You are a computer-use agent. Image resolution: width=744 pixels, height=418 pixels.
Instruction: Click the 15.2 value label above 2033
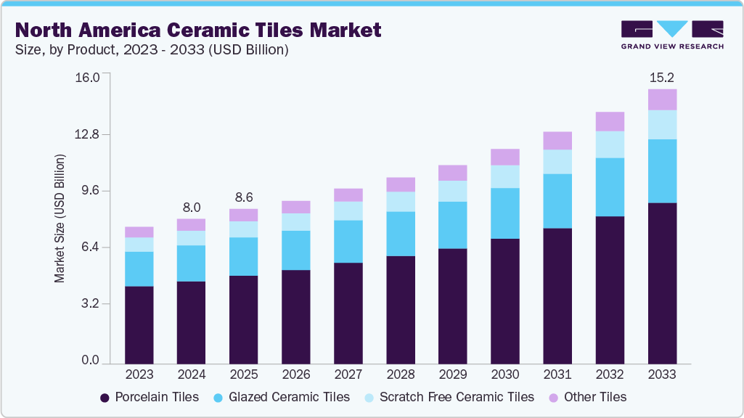pyautogui.click(x=662, y=78)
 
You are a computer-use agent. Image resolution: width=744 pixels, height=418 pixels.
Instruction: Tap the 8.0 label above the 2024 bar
pyautogui.click(x=192, y=207)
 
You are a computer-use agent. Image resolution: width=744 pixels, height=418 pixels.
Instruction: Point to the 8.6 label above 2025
pyautogui.click(x=244, y=197)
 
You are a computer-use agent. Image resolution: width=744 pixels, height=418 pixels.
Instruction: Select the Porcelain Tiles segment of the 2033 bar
pyautogui.click(x=662, y=283)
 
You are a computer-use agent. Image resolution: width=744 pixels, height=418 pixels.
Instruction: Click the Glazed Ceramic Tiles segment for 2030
pyautogui.click(x=505, y=213)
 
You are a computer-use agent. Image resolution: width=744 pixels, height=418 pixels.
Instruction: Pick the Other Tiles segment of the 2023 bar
pyautogui.click(x=139, y=232)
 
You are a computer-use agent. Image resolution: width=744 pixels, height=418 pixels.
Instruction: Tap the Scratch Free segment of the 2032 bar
pyautogui.click(x=610, y=144)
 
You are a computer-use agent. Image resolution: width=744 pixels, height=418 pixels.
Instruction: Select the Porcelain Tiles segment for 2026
pyautogui.click(x=296, y=316)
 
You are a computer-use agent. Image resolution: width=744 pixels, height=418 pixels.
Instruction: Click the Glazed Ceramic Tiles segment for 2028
pyautogui.click(x=401, y=234)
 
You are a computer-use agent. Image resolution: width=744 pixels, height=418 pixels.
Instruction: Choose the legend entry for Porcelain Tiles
pyautogui.click(x=149, y=397)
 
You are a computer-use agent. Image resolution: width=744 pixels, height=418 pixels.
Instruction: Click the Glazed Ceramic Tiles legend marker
pyautogui.click(x=217, y=397)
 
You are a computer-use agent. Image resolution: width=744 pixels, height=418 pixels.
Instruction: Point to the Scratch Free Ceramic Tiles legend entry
pyautogui.click(x=448, y=397)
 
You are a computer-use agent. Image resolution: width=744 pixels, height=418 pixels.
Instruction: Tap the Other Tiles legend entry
pyautogui.click(x=588, y=397)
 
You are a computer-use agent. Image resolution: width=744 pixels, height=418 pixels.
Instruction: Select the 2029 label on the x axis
pyautogui.click(x=453, y=374)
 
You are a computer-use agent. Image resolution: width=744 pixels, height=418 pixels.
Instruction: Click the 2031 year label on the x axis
pyautogui.click(x=557, y=374)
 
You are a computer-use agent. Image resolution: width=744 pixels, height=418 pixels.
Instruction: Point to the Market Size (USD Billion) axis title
pyautogui.click(x=60, y=218)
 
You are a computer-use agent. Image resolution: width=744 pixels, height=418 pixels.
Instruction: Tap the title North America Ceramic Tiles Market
pyautogui.click(x=197, y=30)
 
